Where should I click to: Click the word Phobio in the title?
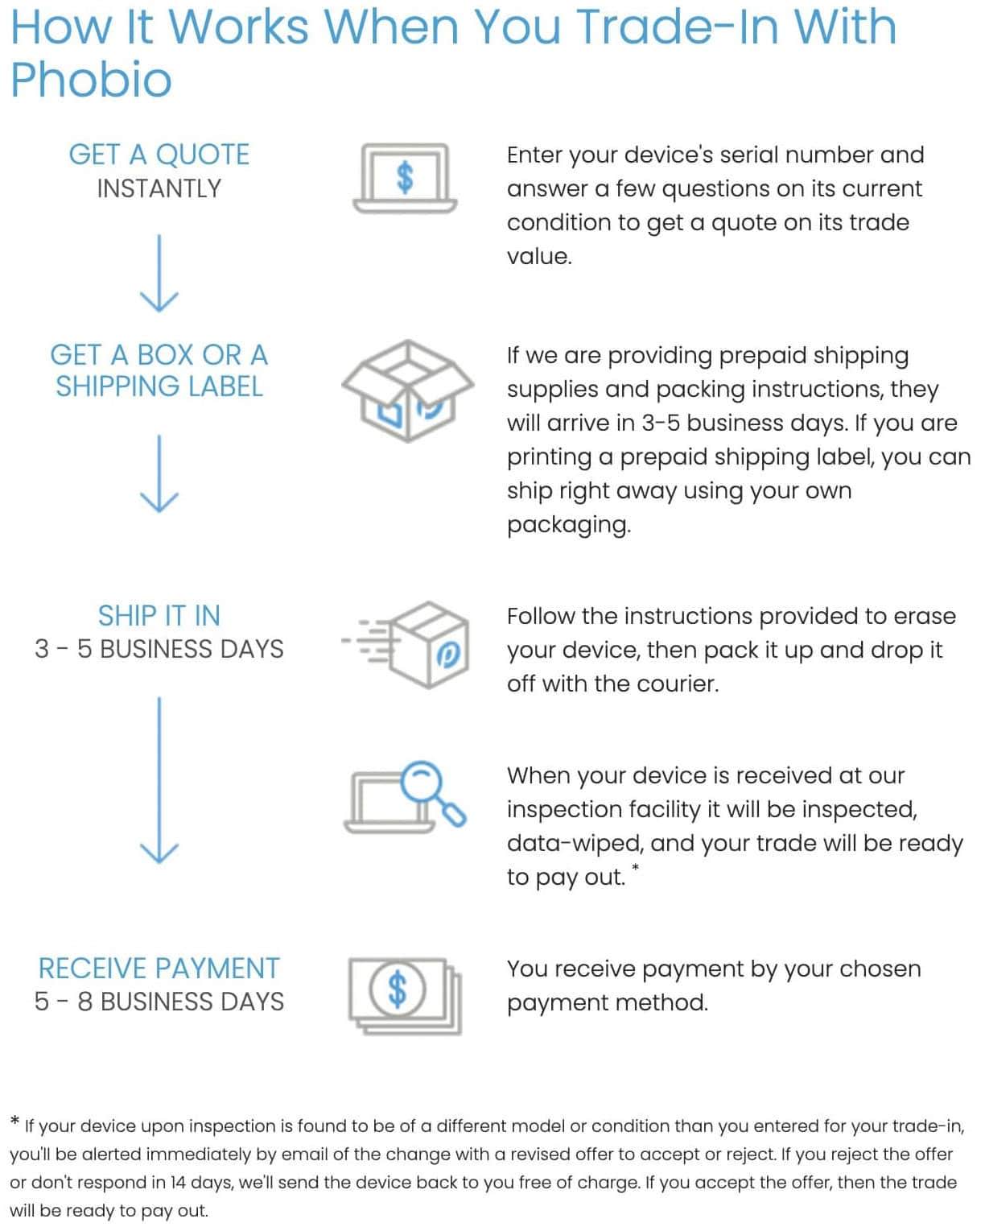tap(91, 81)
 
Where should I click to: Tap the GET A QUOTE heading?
tap(159, 155)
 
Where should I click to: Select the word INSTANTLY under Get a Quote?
tap(159, 188)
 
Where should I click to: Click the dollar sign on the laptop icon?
tap(405, 177)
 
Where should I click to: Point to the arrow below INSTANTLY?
tap(159, 273)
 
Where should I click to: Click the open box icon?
tap(407, 390)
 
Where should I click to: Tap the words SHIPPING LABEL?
tap(159, 386)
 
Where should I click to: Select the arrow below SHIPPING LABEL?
tap(159, 473)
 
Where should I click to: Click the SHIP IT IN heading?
tap(159, 616)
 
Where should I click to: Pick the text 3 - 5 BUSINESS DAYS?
tap(159, 649)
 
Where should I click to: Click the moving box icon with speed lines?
tap(406, 645)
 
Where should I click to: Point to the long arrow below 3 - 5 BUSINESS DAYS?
tap(159, 780)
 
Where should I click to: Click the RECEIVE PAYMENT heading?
tap(159, 968)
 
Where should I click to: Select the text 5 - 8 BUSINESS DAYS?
tap(159, 1002)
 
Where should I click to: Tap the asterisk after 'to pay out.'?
tap(636, 869)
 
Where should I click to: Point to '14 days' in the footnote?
tap(201, 1183)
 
